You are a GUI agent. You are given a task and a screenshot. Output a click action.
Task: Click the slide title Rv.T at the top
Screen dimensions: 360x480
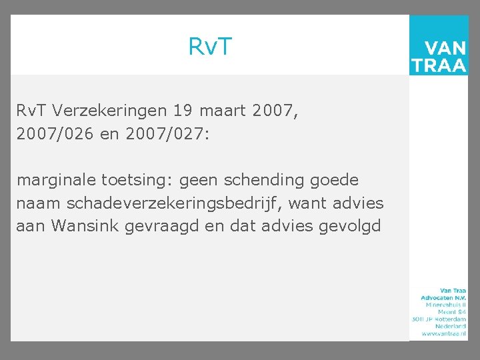click(210, 47)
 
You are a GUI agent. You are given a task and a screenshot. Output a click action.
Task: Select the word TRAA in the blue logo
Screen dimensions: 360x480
click(439, 65)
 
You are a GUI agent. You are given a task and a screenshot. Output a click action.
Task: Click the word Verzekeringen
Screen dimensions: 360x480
click(111, 110)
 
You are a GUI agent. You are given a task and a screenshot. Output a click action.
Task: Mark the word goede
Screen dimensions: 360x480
click(336, 180)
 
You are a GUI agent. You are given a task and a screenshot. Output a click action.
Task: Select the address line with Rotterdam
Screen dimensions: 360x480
click(439, 318)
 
